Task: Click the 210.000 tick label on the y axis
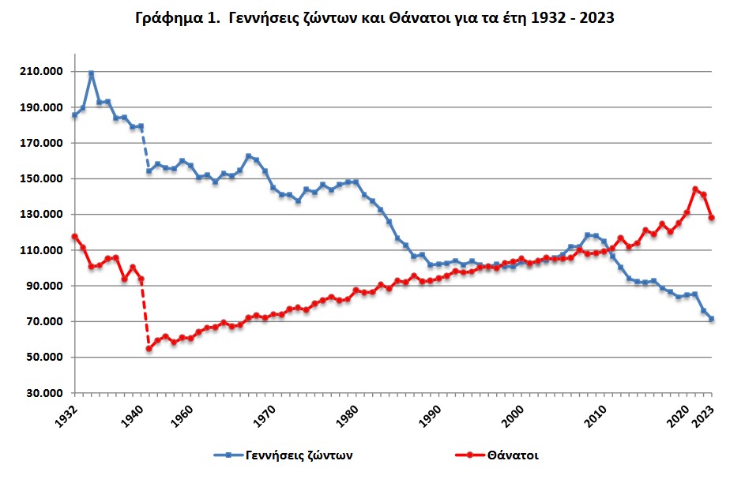[x=41, y=72]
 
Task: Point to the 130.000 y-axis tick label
[x=41, y=215]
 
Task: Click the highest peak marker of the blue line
[x=92, y=73]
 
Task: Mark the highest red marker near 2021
[x=695, y=189]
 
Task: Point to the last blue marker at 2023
[x=712, y=319]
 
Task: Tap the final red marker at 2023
[x=712, y=217]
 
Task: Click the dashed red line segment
[x=145, y=313]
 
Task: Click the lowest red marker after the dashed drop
[x=149, y=349]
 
